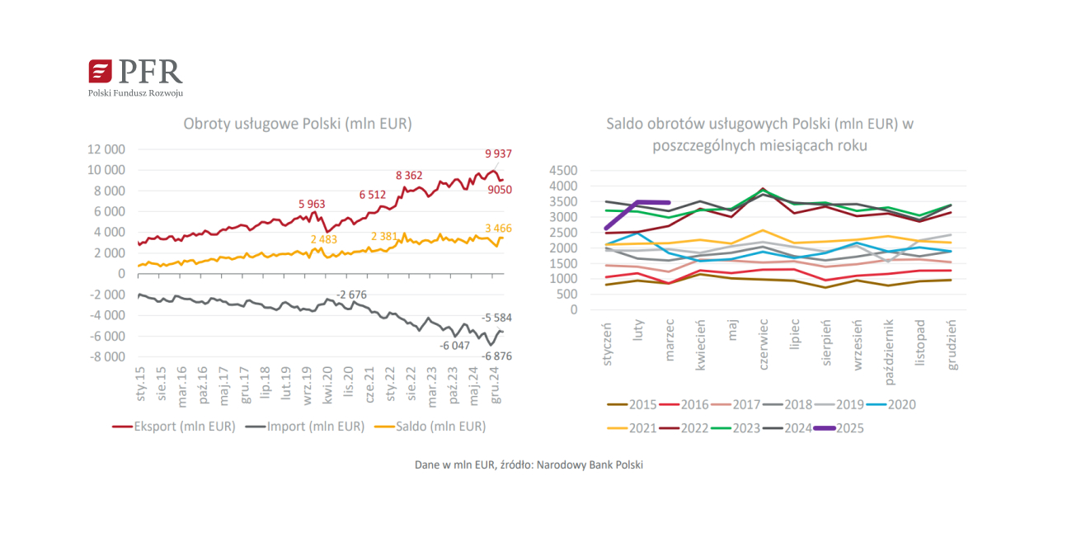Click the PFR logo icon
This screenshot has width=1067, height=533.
click(101, 71)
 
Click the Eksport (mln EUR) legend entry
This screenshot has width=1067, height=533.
click(174, 427)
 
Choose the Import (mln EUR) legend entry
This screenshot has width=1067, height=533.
click(305, 427)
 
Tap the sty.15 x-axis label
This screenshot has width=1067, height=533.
click(141, 384)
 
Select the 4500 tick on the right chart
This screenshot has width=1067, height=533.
click(562, 171)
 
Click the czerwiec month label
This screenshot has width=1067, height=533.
click(763, 345)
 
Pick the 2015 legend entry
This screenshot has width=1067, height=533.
click(632, 404)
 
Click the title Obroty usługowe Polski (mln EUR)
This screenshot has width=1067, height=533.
click(298, 124)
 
